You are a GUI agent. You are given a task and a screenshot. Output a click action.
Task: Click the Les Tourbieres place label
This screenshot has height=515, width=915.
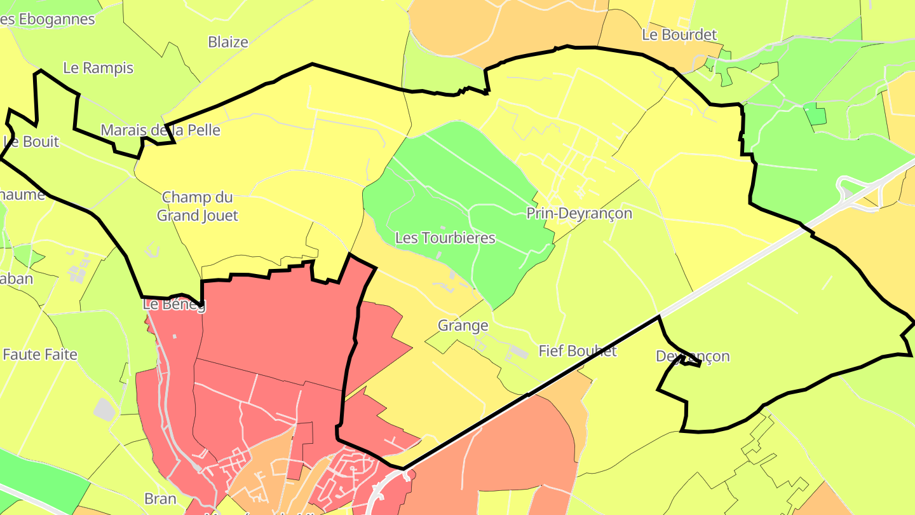click(x=445, y=238)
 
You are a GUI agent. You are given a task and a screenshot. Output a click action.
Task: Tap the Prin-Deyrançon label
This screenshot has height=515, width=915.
click(x=579, y=214)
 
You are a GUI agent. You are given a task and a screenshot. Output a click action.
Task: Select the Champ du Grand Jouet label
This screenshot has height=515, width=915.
click(x=197, y=207)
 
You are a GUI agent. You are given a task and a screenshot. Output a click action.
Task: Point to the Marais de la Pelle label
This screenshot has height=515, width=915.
click(x=160, y=130)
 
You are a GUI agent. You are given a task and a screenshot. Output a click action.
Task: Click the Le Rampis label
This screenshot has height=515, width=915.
click(x=98, y=68)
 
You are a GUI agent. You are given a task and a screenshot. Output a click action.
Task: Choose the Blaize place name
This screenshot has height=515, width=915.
click(x=228, y=43)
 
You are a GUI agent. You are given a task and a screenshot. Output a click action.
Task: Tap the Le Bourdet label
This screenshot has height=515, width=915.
click(x=679, y=35)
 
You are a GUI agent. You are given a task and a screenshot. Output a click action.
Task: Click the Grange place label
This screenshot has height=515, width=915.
click(x=463, y=326)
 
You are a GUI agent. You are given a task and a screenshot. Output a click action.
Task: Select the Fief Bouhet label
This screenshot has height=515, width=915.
click(x=578, y=351)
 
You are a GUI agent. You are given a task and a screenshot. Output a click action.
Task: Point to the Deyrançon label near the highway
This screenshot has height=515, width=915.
click(x=693, y=356)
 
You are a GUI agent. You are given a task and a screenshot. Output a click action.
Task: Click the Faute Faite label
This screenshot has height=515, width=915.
click(x=40, y=355)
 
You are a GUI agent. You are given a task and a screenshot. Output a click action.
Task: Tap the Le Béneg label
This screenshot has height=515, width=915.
click(x=174, y=305)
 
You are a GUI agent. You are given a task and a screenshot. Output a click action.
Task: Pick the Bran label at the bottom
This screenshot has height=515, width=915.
click(x=160, y=498)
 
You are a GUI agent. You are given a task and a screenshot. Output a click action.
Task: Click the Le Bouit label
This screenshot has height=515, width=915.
click(x=31, y=142)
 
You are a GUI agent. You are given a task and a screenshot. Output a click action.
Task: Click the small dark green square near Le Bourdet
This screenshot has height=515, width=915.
click(x=815, y=114)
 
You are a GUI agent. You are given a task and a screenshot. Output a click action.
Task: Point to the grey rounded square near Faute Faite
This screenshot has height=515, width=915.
click(x=105, y=409)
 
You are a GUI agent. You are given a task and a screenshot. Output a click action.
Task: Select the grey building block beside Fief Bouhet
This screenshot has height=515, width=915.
click(x=518, y=352)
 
